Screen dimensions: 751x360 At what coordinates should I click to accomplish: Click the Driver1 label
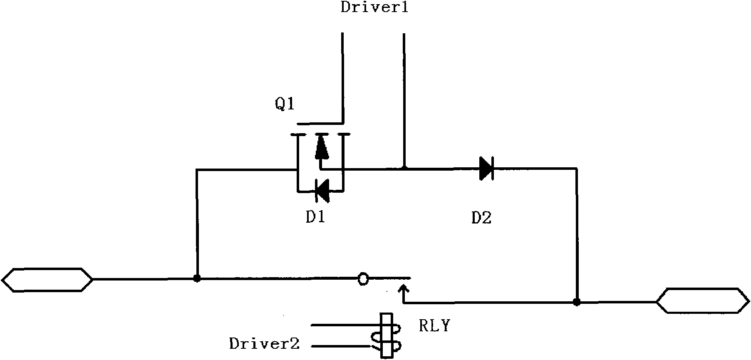pos(374,7)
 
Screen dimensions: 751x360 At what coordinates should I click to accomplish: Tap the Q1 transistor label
pos(285,104)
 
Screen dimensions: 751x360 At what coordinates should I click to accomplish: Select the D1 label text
pos(315,217)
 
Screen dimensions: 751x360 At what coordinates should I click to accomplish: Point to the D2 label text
pos(481,218)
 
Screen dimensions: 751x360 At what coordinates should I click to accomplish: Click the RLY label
pos(434,326)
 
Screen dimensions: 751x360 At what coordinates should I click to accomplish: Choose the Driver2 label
pos(264,344)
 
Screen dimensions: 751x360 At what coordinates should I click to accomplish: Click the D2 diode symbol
pos(486,169)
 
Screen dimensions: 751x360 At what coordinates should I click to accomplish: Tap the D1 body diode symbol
pos(322,191)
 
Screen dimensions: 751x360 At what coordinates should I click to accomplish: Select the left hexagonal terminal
pos(47,279)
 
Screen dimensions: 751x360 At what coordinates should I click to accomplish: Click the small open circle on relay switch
pos(363,279)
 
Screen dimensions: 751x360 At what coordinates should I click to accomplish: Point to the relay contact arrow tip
pos(403,285)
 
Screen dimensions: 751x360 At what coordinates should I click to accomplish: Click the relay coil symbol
pos(388,335)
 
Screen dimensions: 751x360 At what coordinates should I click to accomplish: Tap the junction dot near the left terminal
pos(197,278)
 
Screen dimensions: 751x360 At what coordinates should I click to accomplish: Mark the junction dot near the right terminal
pos(577,302)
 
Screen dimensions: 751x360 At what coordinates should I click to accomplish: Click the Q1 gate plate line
pos(320,124)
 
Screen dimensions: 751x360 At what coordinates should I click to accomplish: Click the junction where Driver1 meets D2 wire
pos(404,169)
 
